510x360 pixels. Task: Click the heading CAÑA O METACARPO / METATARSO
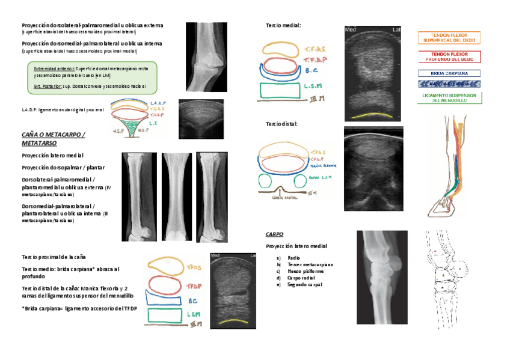[53, 139]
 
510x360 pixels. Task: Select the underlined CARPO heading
[274, 234]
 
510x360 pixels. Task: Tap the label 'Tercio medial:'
[283, 25]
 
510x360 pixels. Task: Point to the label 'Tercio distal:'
[282, 124]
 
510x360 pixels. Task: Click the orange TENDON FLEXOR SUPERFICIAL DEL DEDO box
[449, 38]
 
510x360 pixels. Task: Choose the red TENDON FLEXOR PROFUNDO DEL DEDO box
[449, 57]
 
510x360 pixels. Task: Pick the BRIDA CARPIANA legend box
[449, 73]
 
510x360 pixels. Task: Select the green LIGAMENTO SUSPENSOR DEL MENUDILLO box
[449, 98]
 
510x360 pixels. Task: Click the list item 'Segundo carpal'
[305, 284]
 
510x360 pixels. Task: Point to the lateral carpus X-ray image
[382, 277]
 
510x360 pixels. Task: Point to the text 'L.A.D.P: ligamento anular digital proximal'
[63, 110]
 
